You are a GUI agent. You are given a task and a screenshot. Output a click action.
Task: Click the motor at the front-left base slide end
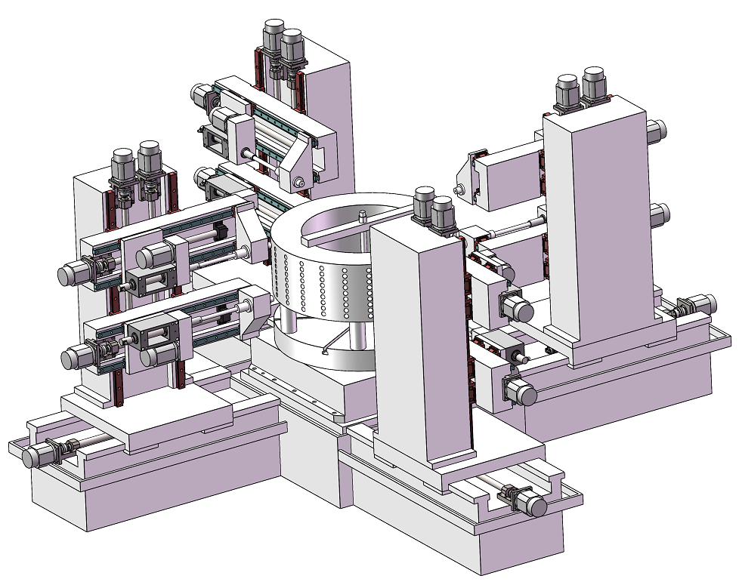click(36, 456)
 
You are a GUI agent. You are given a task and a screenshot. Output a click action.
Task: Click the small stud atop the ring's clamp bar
click(363, 217)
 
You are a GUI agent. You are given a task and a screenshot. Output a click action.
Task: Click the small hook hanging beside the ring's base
click(326, 349)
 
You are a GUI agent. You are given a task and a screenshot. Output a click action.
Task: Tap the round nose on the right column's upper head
click(457, 189)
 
